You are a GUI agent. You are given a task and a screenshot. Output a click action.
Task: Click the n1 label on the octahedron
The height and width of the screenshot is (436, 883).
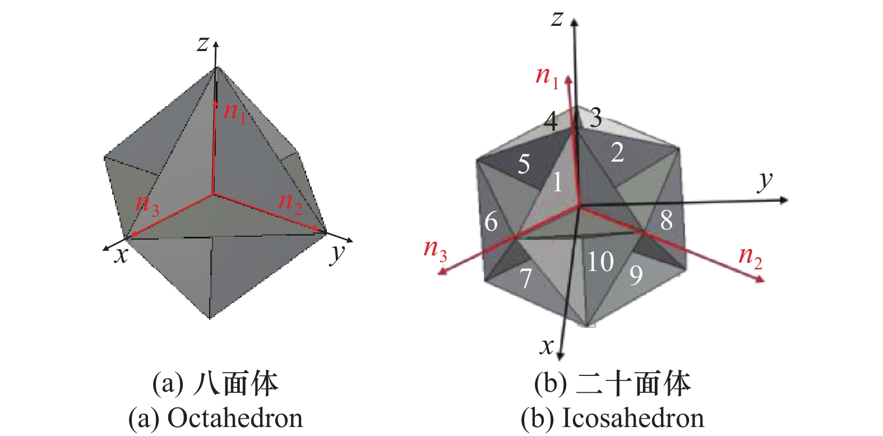235,112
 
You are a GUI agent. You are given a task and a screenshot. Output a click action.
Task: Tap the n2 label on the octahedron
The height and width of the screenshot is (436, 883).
290,203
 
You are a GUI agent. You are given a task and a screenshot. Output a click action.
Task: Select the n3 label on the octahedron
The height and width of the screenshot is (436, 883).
147,204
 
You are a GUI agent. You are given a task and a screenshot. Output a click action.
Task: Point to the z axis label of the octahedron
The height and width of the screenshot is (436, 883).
203,43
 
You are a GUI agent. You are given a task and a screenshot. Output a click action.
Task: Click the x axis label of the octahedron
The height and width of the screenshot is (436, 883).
121,255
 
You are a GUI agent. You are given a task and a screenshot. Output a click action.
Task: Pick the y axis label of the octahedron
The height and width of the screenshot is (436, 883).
338,254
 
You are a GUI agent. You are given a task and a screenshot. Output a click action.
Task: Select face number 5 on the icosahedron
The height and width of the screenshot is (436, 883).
524,164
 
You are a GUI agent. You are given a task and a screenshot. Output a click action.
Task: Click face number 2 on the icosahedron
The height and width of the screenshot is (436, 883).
617,153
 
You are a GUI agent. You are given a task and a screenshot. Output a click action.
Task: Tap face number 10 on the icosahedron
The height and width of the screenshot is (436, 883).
600,261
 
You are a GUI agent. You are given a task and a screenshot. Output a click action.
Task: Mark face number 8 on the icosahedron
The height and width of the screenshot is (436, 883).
666,221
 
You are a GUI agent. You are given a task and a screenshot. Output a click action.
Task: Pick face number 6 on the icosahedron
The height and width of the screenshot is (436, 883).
491,222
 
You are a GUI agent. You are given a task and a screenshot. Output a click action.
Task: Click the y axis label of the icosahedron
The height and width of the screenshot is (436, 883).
765,181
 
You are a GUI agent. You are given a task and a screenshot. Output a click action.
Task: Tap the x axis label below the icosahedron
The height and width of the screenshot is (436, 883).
547,346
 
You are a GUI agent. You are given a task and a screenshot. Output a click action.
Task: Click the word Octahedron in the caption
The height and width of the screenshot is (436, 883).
235,419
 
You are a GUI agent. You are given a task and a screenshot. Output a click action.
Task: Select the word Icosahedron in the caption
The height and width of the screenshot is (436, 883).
632,419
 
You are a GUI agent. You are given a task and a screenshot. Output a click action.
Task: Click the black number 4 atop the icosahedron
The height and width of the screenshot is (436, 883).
551,121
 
